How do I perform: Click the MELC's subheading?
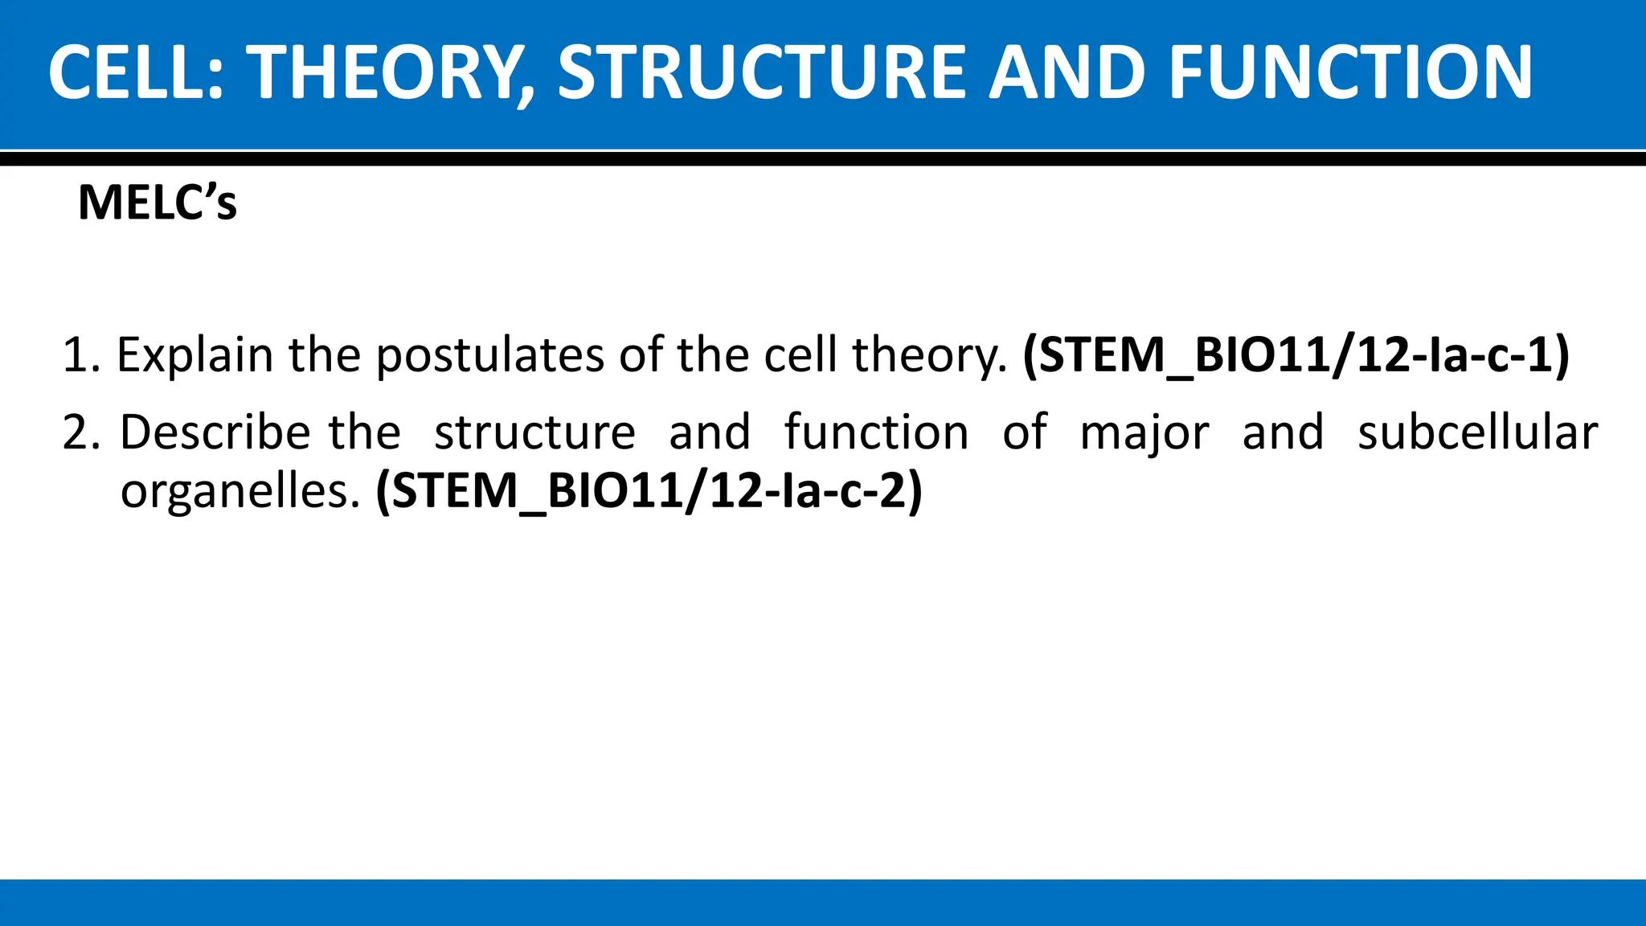(x=158, y=203)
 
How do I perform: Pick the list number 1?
(x=80, y=355)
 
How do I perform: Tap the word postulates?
(x=489, y=355)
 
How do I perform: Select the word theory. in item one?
(x=929, y=355)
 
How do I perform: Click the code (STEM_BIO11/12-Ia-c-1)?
(x=1296, y=355)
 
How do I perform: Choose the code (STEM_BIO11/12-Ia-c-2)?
(x=649, y=490)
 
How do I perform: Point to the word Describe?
(x=215, y=432)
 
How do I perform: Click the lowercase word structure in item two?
(x=534, y=432)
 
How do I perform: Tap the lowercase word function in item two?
(x=876, y=432)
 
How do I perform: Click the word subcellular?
(x=1477, y=432)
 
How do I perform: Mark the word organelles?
(x=240, y=490)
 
